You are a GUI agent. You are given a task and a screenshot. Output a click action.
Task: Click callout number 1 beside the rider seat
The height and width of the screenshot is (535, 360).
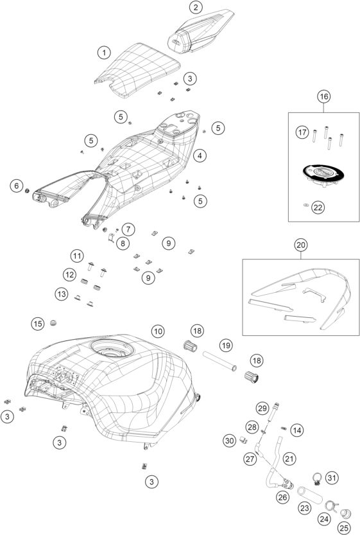[x=103, y=51]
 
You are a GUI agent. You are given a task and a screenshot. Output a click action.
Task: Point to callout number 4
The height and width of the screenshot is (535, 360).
[x=201, y=155]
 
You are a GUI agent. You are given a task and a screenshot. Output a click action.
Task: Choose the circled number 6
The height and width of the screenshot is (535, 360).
[x=16, y=186]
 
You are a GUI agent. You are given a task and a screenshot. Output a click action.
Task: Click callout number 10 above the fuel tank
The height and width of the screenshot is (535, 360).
[x=158, y=331]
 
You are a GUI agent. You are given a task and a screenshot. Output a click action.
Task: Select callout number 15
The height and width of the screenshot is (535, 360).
[x=38, y=324]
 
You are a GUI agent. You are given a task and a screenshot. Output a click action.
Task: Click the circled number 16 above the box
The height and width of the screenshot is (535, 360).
[x=324, y=96]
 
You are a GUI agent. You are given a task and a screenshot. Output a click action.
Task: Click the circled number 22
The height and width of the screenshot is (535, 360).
[x=318, y=207]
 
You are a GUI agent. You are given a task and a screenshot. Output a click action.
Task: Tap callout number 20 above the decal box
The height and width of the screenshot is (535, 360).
[x=301, y=245]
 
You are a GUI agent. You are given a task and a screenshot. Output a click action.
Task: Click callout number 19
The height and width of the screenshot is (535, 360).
[x=225, y=346]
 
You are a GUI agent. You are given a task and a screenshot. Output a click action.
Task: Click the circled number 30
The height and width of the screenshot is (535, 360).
[x=229, y=441]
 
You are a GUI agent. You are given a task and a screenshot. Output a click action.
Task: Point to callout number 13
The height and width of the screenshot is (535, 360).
[x=61, y=294]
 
